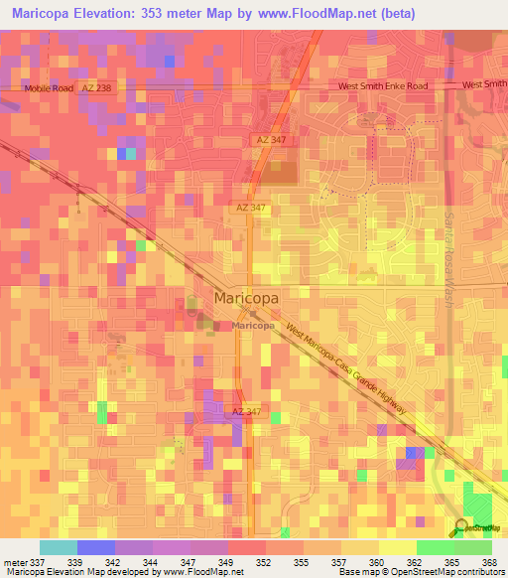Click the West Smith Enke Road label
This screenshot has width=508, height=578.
tap(383, 86)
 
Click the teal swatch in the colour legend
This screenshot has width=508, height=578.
tap(59, 547)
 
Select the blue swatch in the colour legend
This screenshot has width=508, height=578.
tap(96, 547)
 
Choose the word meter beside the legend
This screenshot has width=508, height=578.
tap(17, 561)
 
